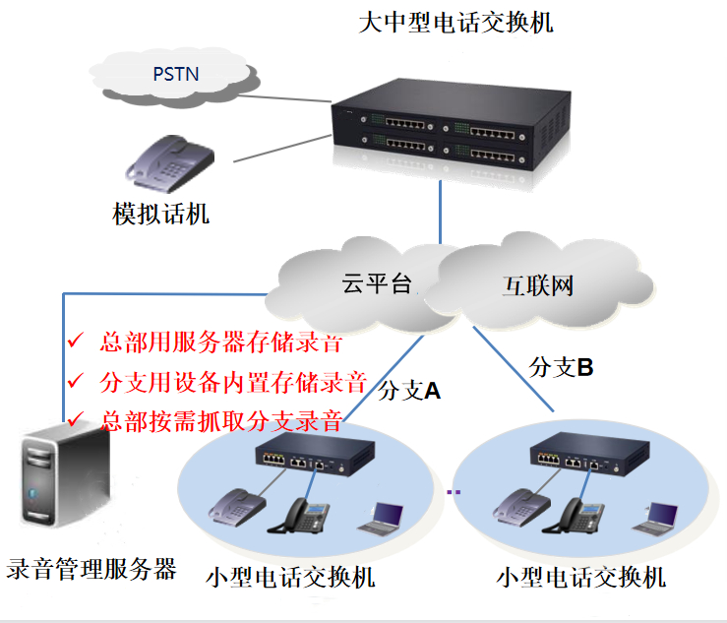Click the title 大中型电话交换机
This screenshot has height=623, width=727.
(x=455, y=21)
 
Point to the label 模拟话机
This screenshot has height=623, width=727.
(x=161, y=213)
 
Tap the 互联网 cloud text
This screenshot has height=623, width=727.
(x=538, y=286)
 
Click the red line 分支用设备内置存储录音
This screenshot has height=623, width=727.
(x=233, y=381)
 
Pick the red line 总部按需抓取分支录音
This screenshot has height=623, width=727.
(x=221, y=420)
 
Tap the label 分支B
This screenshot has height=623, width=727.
(x=561, y=368)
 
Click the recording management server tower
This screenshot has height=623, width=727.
(x=64, y=482)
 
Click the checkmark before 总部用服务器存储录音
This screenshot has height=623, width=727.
(x=75, y=343)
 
